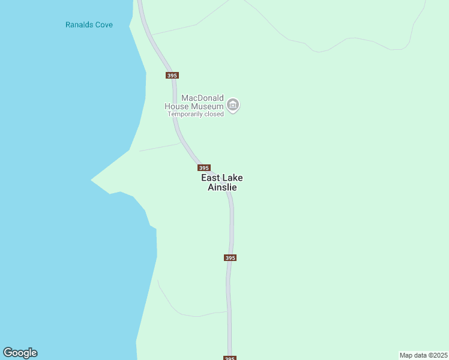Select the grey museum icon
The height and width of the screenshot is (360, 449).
[x=234, y=106]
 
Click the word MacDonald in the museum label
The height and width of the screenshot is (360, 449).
[x=202, y=98]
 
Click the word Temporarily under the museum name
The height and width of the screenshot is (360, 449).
[x=185, y=114]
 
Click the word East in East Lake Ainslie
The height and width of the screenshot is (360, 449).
[x=211, y=178]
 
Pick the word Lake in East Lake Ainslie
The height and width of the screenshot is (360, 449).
[x=233, y=178]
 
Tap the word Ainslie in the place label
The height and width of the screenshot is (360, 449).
[x=222, y=187]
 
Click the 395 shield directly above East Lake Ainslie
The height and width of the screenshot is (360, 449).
[x=203, y=168]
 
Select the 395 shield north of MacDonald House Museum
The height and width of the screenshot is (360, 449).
[x=172, y=75]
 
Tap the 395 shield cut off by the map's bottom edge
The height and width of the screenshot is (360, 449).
[x=230, y=358]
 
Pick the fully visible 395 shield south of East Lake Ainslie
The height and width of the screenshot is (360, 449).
[x=230, y=257]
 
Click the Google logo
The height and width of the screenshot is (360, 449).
[x=20, y=353]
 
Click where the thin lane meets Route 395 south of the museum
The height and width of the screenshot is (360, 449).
[x=181, y=143]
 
